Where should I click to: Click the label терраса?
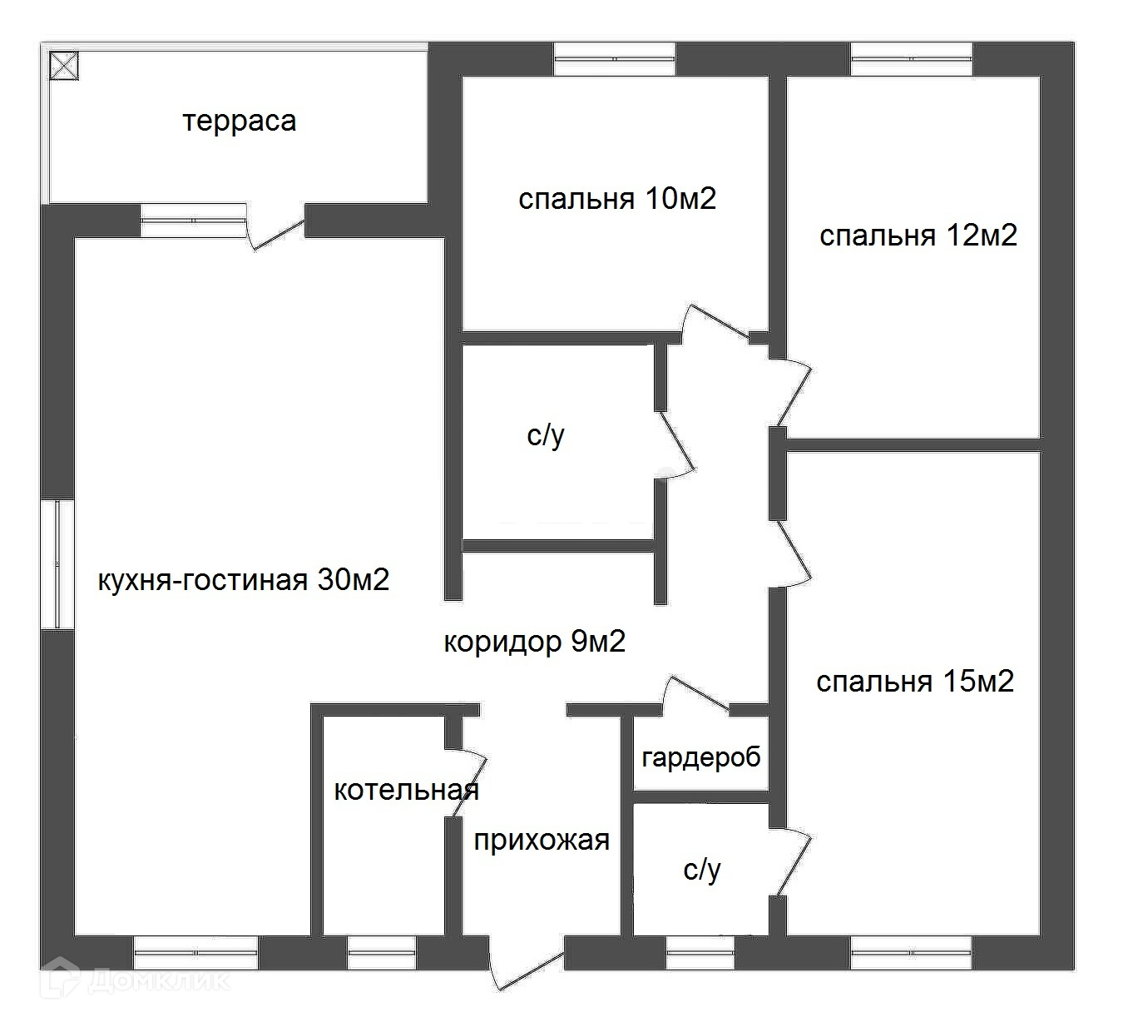click(x=239, y=122)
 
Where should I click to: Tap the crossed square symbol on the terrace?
click(x=64, y=65)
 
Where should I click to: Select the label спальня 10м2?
click(x=616, y=199)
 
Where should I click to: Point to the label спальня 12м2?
click(x=918, y=236)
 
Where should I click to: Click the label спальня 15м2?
click(x=914, y=682)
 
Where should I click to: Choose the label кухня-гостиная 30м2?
click(x=243, y=580)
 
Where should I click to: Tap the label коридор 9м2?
click(x=534, y=642)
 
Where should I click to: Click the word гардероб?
click(x=701, y=757)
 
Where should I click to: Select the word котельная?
click(x=406, y=790)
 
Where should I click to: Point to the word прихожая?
click(x=542, y=841)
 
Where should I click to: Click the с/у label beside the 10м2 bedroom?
click(x=546, y=435)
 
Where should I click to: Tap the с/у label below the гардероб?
click(x=701, y=870)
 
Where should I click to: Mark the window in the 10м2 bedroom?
click(x=615, y=59)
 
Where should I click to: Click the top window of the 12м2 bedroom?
click(x=912, y=59)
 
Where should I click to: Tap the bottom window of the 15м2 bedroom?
click(x=912, y=952)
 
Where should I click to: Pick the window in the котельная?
click(x=381, y=952)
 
